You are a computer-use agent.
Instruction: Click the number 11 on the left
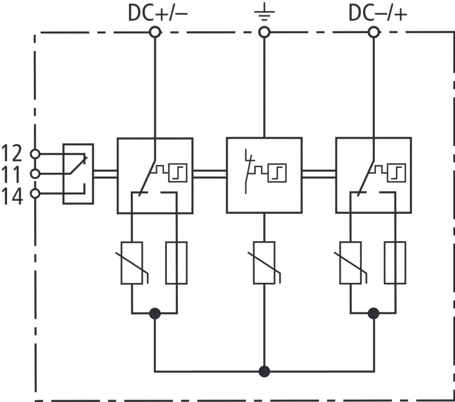12,174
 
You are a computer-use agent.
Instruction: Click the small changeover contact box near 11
78,174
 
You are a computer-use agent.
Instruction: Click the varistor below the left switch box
132,263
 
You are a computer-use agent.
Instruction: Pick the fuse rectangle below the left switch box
176,263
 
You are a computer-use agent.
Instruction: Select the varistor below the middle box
264,263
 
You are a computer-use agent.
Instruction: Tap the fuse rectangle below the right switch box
395,263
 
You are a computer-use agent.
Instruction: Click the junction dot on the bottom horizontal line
264,372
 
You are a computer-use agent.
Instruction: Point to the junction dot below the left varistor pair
155,313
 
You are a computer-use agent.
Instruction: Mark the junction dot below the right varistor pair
373,313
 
